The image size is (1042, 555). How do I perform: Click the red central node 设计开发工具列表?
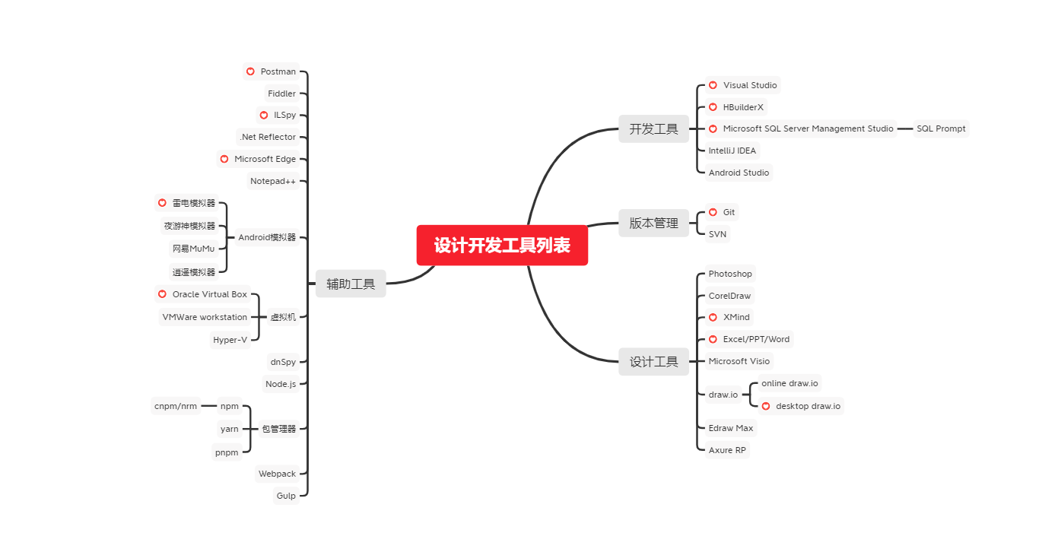(x=502, y=246)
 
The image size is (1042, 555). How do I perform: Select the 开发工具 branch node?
(x=653, y=129)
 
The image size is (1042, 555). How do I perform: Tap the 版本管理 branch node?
(x=653, y=224)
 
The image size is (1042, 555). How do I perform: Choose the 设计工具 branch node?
(x=653, y=362)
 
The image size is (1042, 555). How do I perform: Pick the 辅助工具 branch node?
(x=351, y=284)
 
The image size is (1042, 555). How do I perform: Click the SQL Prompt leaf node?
(x=941, y=128)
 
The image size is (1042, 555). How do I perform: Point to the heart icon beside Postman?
(x=250, y=71)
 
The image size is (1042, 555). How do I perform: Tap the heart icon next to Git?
(x=713, y=212)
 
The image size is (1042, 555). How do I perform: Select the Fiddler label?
(x=281, y=94)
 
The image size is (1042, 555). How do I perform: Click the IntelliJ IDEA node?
(x=732, y=151)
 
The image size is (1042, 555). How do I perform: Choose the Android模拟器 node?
(x=267, y=237)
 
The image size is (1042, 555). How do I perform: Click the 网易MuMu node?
(x=193, y=249)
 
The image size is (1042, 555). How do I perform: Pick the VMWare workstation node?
(x=205, y=317)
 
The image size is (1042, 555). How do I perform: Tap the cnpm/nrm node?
(x=176, y=406)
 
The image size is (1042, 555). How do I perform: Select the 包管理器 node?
(x=278, y=429)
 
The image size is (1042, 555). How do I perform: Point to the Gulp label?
(x=286, y=496)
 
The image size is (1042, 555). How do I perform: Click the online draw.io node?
(x=789, y=383)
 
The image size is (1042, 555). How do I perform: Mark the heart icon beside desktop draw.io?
(x=766, y=406)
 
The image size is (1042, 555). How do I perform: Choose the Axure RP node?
(x=727, y=450)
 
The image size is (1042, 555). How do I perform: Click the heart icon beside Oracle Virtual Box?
(x=162, y=294)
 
